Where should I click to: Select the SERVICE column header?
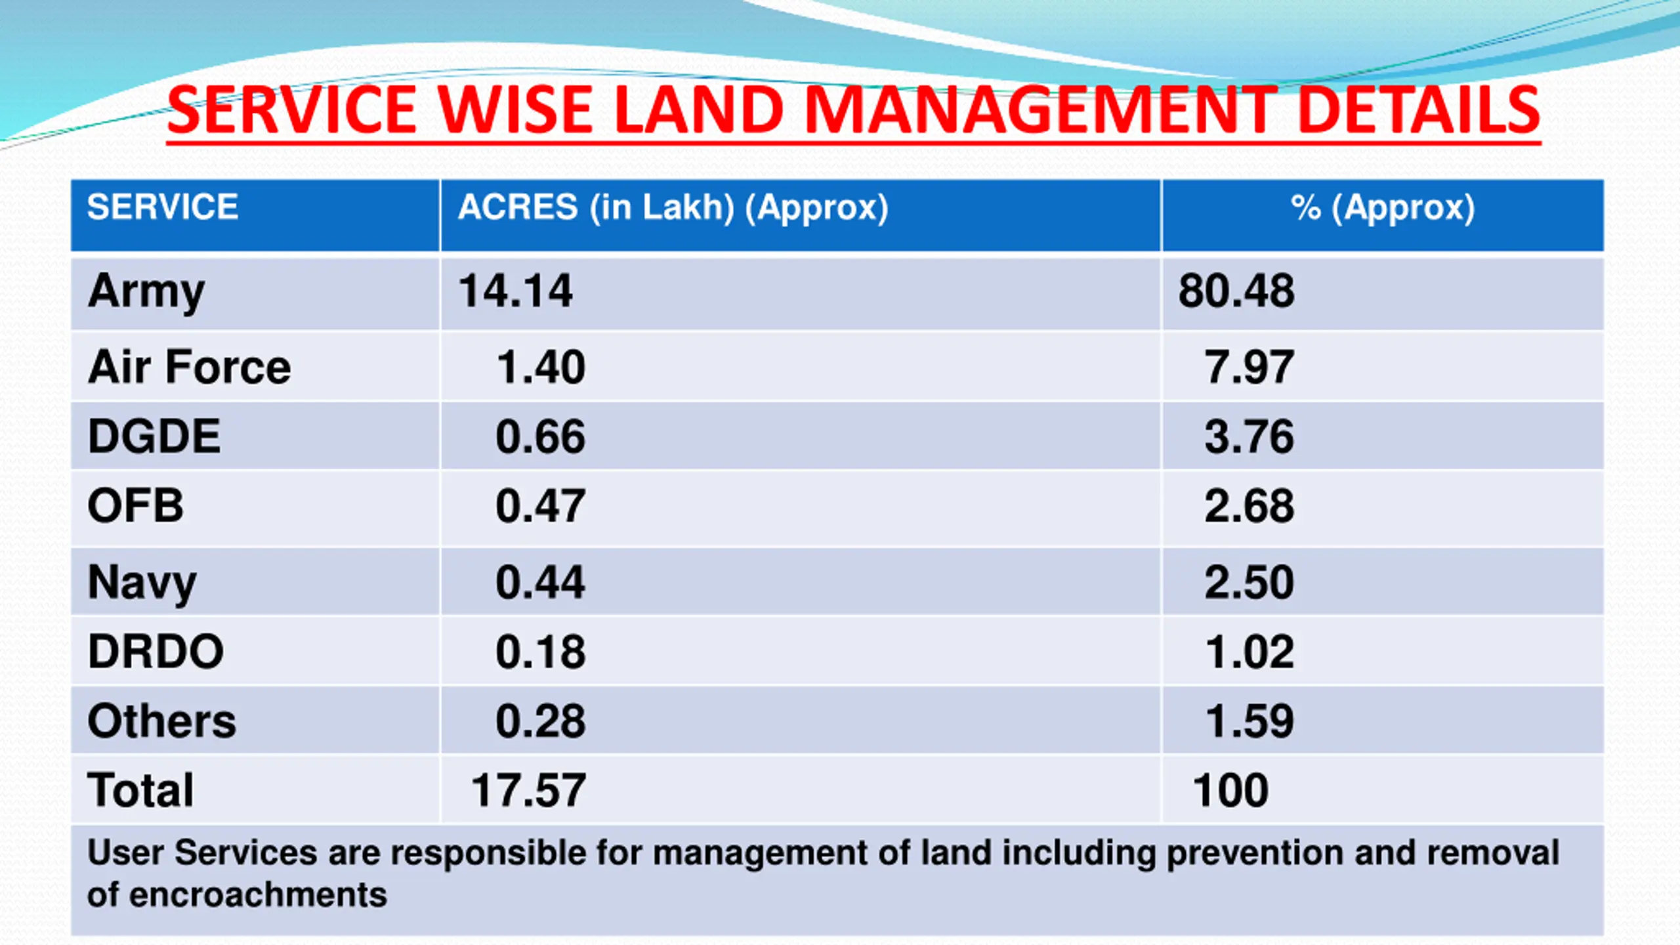(x=163, y=207)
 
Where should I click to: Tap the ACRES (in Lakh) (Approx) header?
(x=673, y=207)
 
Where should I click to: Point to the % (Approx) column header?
(x=1383, y=207)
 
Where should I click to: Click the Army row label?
(x=146, y=291)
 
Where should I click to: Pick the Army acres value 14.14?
(x=516, y=291)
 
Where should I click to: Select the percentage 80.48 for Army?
(x=1236, y=291)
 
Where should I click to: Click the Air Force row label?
(x=189, y=367)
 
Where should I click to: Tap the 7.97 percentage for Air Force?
(x=1249, y=367)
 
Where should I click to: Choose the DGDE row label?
(x=154, y=436)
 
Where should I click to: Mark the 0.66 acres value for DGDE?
(x=540, y=436)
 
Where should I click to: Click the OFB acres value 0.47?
(x=540, y=506)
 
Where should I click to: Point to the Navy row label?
(x=142, y=582)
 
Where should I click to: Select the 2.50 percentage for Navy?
(x=1249, y=582)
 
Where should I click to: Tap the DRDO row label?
(x=156, y=652)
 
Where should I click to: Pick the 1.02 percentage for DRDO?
(x=1249, y=652)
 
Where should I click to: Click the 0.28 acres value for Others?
(x=540, y=721)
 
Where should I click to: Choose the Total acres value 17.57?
(x=528, y=790)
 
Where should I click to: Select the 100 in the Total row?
(x=1230, y=790)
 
